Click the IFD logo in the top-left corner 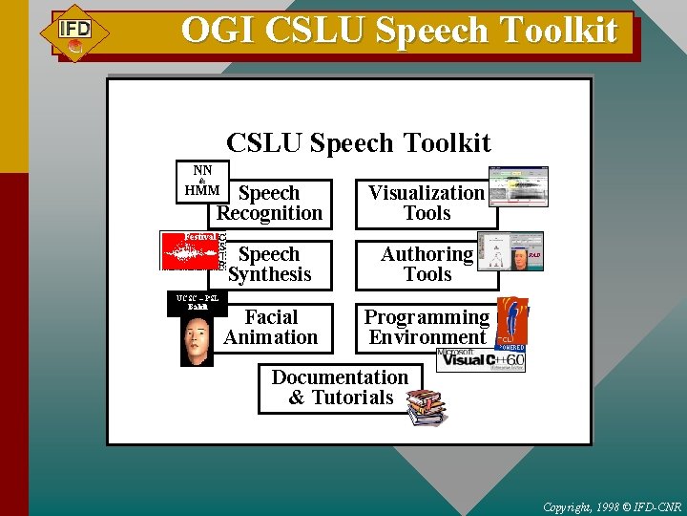pyautogui.click(x=74, y=33)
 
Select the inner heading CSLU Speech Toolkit pyautogui.click(x=358, y=143)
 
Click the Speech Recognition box pyautogui.click(x=270, y=204)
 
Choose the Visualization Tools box pyautogui.click(x=427, y=204)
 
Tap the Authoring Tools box pyautogui.click(x=427, y=265)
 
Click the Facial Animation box pyautogui.click(x=271, y=327)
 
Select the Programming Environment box pyautogui.click(x=427, y=327)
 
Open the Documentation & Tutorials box pyautogui.click(x=341, y=387)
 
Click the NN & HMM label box pyautogui.click(x=202, y=181)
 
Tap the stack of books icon pyautogui.click(x=426, y=407)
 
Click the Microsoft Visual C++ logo pyautogui.click(x=480, y=360)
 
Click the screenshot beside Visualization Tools pyautogui.click(x=518, y=186)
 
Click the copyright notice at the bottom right pyautogui.click(x=611, y=505)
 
